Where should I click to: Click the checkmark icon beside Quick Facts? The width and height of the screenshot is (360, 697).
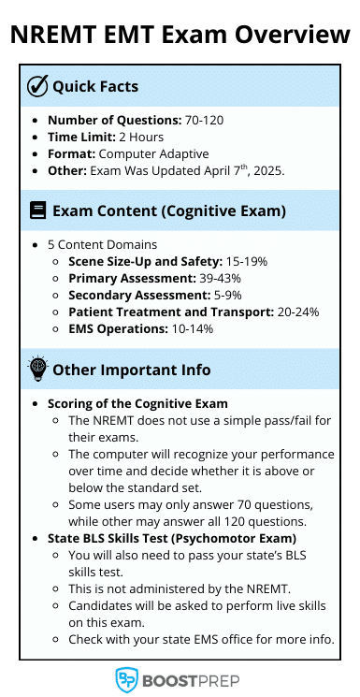(37, 86)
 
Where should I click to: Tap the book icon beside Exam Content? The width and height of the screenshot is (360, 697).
(37, 211)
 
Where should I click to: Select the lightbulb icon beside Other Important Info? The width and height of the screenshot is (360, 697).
(37, 369)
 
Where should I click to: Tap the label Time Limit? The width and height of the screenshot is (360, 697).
(81, 137)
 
